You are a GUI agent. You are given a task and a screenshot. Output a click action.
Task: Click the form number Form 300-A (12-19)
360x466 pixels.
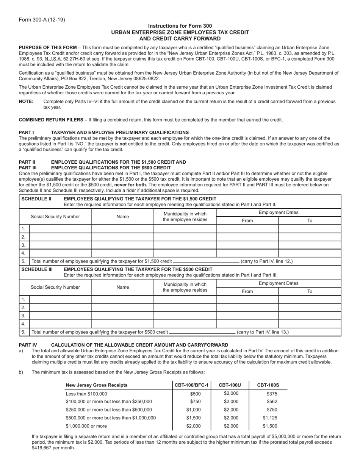click(x=42, y=20)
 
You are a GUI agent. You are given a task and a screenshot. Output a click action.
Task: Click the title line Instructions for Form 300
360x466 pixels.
click(x=180, y=26)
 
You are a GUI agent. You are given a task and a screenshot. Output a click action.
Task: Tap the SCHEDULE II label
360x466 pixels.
click(x=36, y=199)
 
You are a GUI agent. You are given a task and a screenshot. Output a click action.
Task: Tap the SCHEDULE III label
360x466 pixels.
click(x=37, y=269)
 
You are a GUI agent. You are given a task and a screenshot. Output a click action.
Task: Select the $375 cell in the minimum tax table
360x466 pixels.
click(x=272, y=394)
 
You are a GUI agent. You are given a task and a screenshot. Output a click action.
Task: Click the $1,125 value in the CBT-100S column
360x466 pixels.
click(x=270, y=418)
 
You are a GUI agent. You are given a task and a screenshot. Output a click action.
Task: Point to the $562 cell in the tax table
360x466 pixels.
click(x=272, y=401)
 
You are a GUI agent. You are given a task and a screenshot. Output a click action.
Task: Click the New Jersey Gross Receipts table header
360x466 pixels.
click(x=97, y=385)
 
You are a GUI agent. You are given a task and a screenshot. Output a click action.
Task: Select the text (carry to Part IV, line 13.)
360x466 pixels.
click(x=263, y=332)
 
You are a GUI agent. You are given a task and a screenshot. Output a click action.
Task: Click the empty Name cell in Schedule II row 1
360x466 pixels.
click(x=122, y=228)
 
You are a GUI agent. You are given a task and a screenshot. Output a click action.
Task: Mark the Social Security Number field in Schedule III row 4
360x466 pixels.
click(x=60, y=324)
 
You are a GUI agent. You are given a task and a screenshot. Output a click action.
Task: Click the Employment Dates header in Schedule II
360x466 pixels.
click(x=278, y=213)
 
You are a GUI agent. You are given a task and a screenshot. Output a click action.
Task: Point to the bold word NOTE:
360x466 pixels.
click(x=26, y=102)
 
